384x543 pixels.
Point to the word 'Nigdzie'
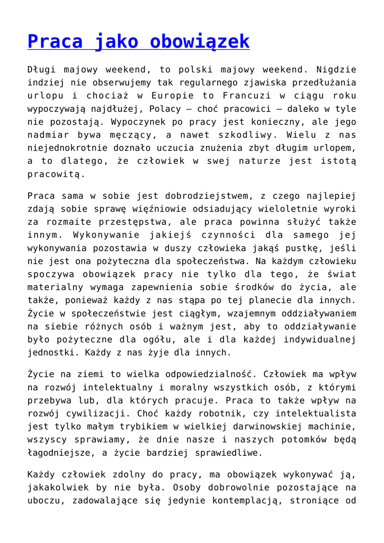(336, 69)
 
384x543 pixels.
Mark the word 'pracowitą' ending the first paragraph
(57, 173)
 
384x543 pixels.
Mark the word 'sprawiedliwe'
(228, 452)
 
